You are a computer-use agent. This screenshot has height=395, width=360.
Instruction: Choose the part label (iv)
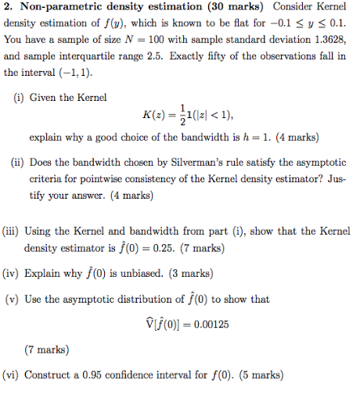[x=13, y=275]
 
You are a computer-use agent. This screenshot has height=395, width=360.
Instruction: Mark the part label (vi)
[x=13, y=375]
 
